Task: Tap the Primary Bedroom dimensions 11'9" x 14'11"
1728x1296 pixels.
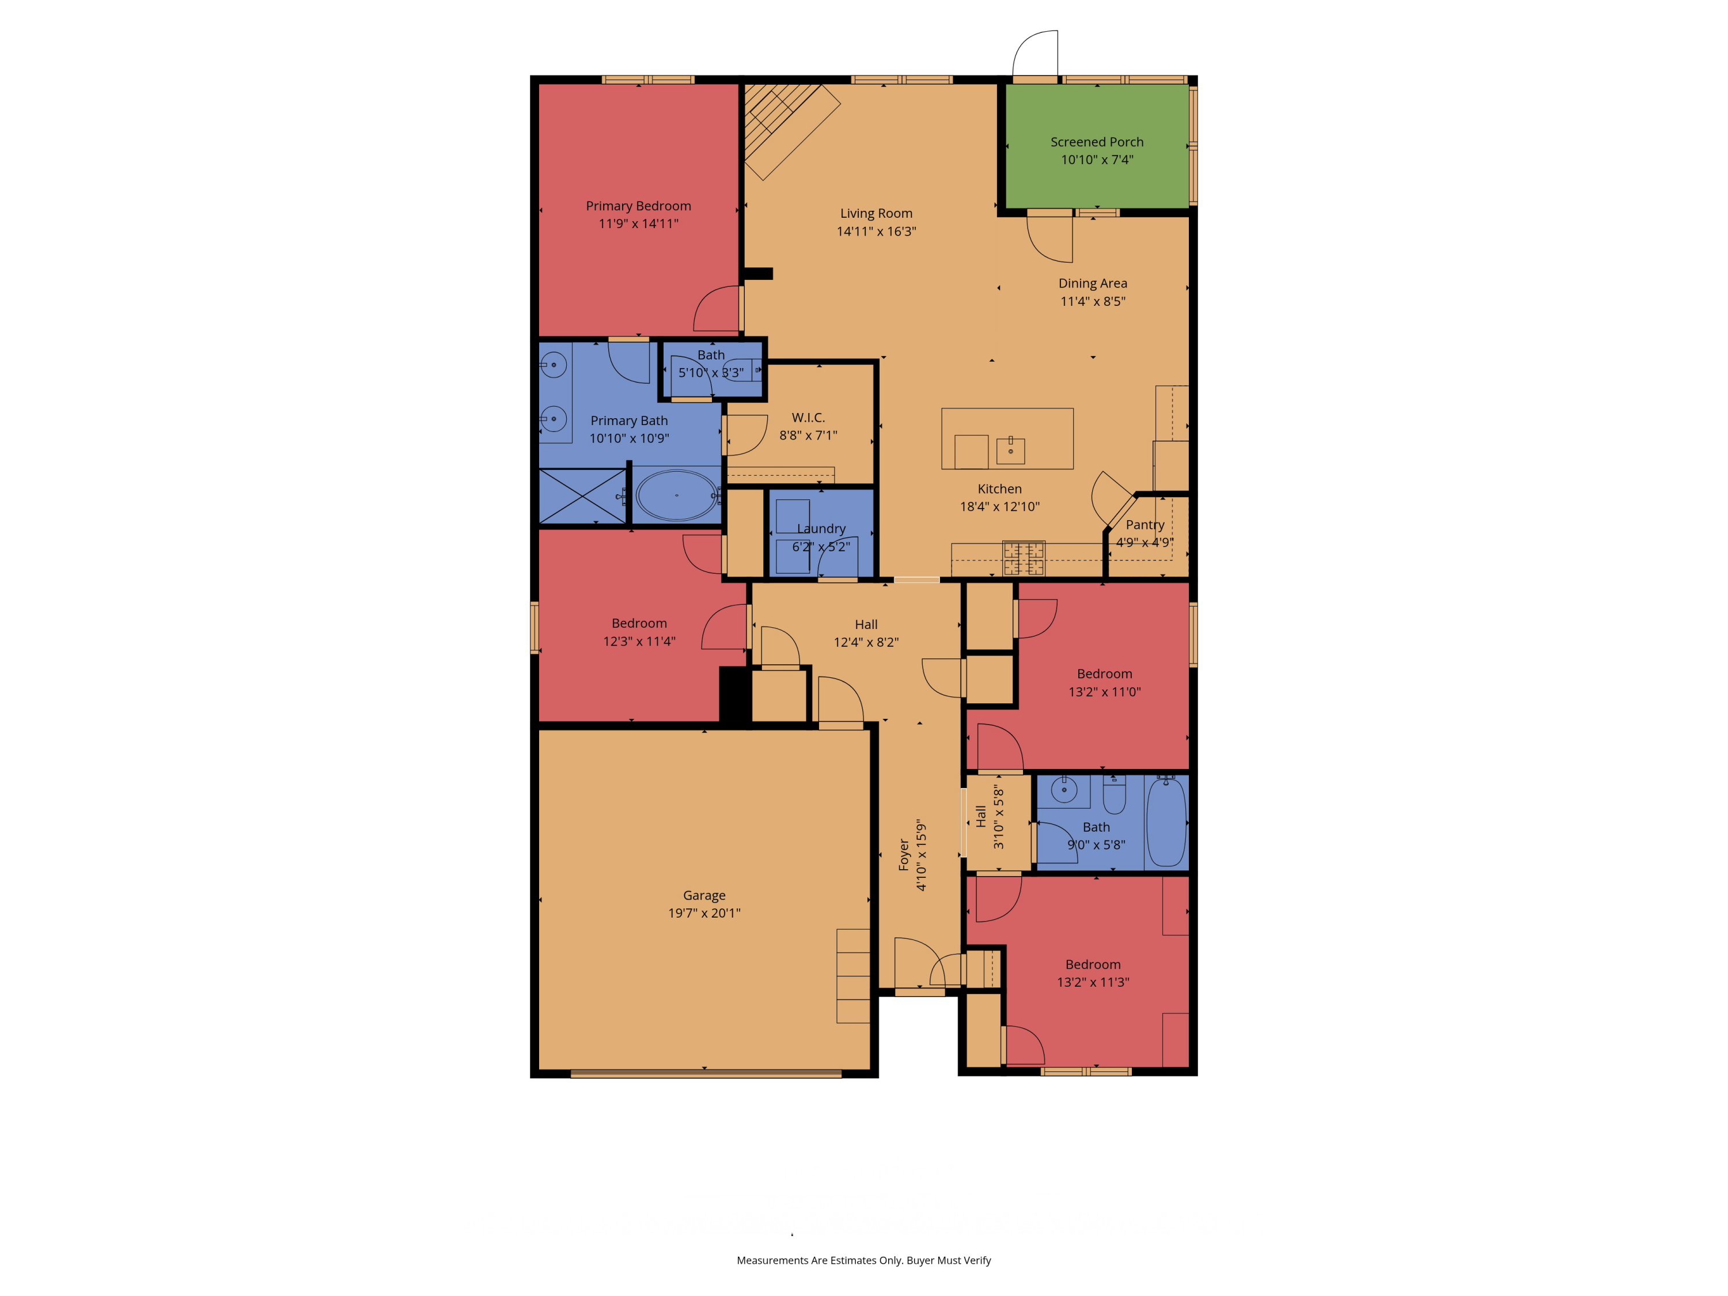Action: coord(638,224)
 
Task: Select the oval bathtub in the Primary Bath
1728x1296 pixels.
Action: coord(677,495)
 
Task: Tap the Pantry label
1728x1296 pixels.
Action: coord(1145,525)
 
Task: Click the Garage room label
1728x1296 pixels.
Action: coord(704,895)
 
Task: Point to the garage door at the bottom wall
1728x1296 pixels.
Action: coord(706,1073)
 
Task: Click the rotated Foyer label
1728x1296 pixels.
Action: coord(904,855)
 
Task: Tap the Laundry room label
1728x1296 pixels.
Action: coord(821,529)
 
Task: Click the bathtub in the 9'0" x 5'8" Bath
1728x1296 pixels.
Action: coord(1166,822)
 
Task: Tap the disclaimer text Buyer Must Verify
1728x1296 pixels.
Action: coord(948,1260)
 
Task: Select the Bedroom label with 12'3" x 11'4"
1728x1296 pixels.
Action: coord(639,623)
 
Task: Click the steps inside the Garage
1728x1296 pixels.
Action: coord(853,976)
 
